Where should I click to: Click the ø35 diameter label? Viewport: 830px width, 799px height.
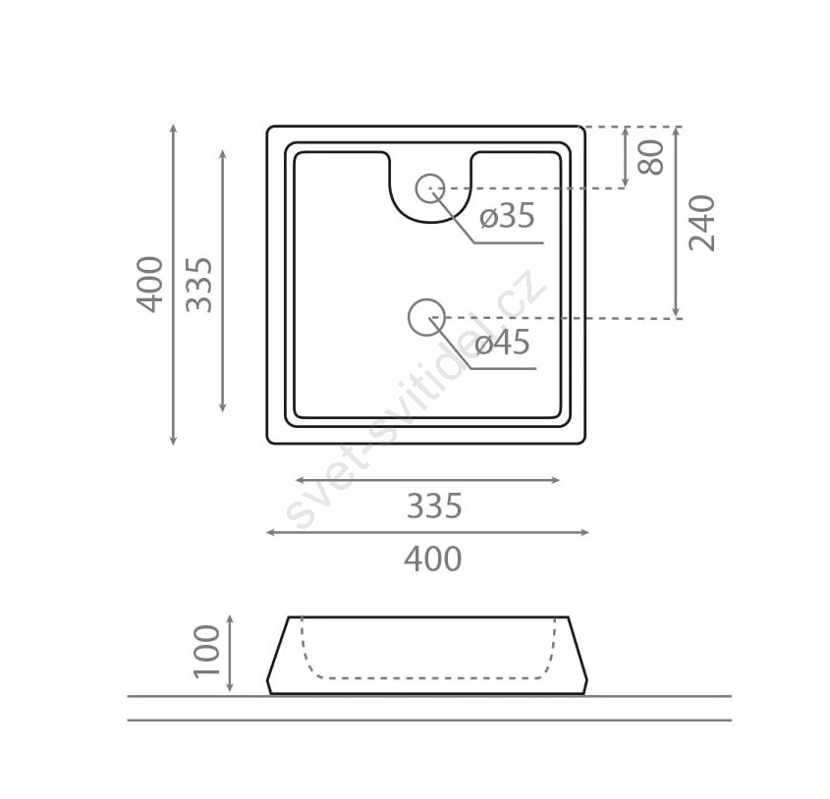click(x=507, y=217)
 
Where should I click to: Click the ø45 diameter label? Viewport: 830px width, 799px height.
click(x=502, y=344)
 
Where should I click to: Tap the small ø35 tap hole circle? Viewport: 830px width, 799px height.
click(x=430, y=188)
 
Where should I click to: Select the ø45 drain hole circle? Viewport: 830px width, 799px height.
click(x=426, y=317)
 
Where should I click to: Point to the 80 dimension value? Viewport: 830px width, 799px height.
click(x=651, y=157)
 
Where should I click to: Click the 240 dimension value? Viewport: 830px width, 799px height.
click(x=702, y=223)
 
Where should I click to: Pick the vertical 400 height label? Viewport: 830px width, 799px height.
click(x=150, y=284)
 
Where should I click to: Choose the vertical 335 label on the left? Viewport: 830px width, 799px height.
click(x=199, y=285)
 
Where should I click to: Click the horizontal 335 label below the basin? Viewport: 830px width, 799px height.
click(x=434, y=506)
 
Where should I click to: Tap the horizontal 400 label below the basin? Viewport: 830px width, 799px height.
click(x=433, y=559)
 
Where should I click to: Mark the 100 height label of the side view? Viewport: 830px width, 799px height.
click(x=207, y=651)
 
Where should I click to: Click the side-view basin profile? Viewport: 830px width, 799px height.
click(x=427, y=656)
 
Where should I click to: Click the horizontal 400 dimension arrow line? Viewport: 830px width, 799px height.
click(x=427, y=532)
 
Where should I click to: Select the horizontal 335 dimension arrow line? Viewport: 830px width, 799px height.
click(x=427, y=480)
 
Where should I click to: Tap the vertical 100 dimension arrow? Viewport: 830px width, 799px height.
click(x=230, y=654)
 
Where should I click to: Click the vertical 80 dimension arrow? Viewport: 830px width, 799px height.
click(x=625, y=157)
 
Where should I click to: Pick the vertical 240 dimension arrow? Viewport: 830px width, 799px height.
click(x=676, y=223)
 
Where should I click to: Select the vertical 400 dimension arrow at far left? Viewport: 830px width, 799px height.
click(x=173, y=285)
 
